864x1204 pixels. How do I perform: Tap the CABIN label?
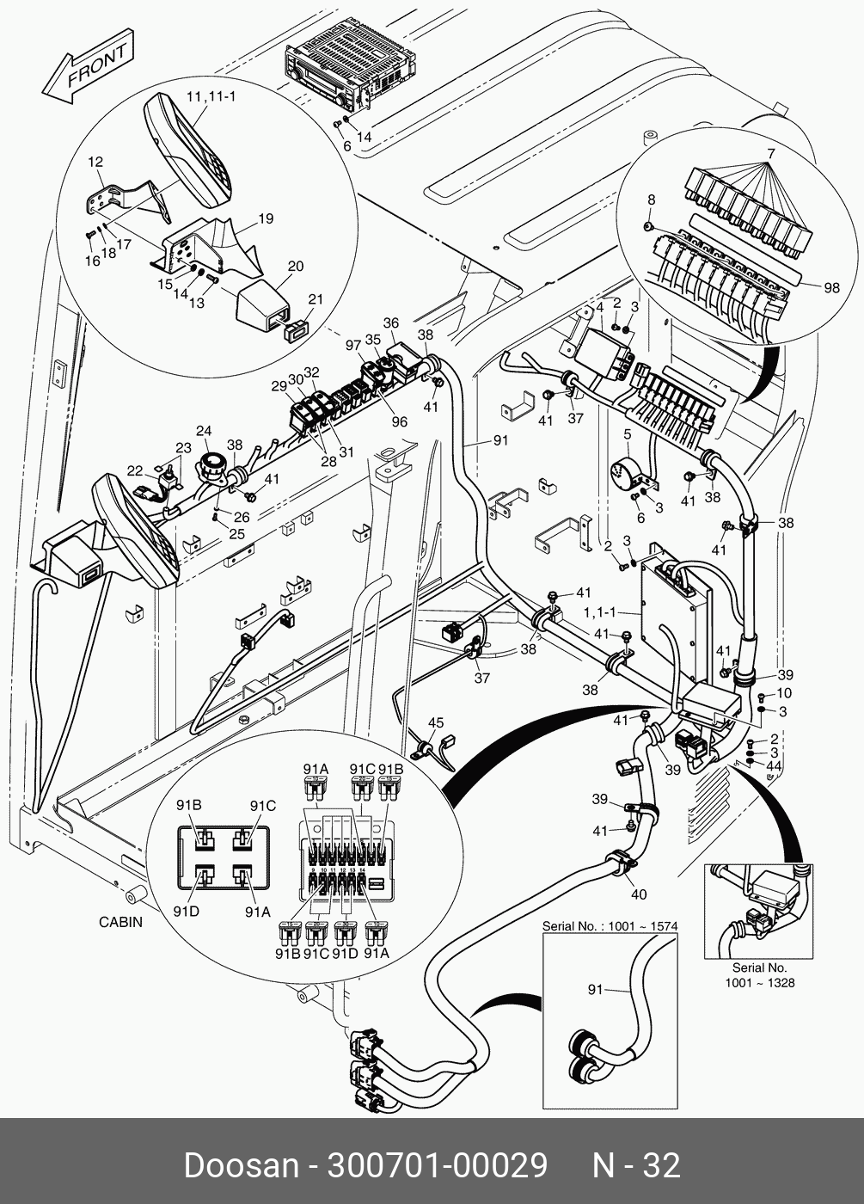pos(120,922)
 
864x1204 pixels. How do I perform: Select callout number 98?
pos(831,288)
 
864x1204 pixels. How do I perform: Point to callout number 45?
pos(436,722)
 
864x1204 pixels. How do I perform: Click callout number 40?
pos(638,894)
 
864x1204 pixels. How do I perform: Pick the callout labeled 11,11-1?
pos(210,96)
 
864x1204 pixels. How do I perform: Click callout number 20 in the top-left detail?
pos(296,267)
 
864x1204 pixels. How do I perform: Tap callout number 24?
pos(204,431)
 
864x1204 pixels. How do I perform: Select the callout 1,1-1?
pos(599,613)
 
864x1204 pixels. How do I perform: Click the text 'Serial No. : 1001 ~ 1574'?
pos(610,926)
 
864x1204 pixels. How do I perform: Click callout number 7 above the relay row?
pos(770,153)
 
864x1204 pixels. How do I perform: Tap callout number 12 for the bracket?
pos(95,161)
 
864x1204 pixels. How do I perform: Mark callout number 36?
pos(391,323)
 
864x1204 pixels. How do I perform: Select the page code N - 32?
pos(636,1165)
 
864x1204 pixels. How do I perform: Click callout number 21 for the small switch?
pos(316,299)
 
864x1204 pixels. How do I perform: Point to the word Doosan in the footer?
pos(240,1165)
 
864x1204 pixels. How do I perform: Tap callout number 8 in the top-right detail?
pos(651,200)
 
